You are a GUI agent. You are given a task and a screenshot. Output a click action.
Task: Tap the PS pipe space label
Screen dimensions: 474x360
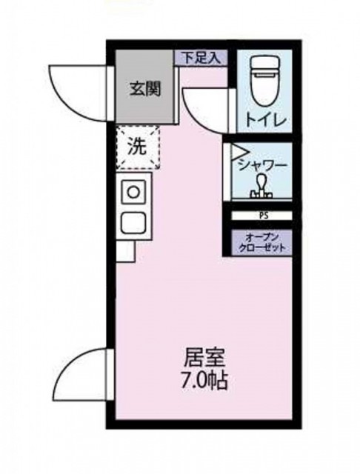click(x=263, y=216)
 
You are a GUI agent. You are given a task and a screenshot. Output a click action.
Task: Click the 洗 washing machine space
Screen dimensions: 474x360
click(x=138, y=147)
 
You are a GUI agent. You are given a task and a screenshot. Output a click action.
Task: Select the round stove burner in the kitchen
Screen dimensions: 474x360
click(x=133, y=191)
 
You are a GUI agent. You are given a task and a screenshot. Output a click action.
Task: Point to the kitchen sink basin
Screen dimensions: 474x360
click(x=134, y=222)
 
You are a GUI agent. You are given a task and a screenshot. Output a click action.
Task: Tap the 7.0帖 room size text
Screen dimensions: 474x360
click(x=201, y=382)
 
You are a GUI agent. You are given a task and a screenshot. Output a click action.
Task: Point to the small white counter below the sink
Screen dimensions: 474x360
click(x=125, y=250)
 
